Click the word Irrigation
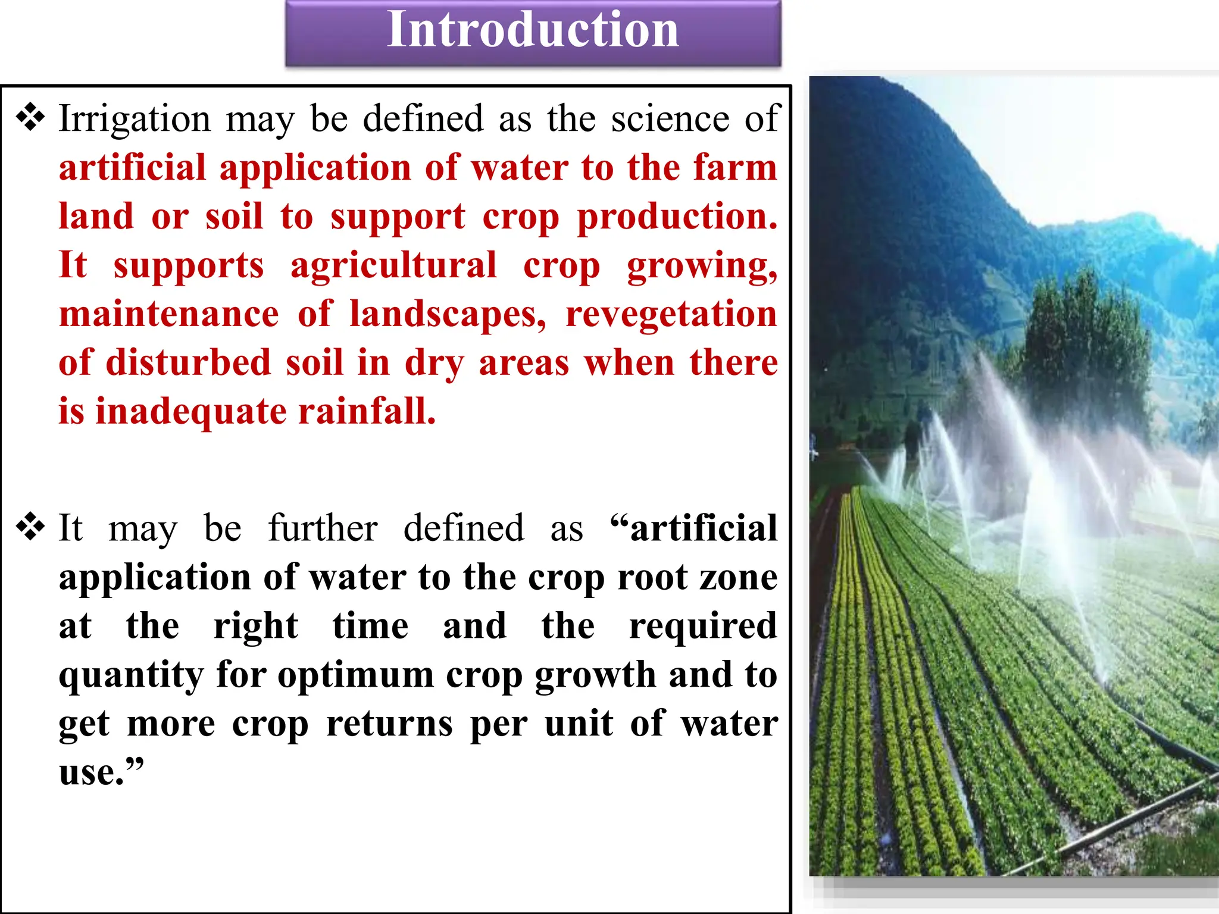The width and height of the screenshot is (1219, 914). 135,119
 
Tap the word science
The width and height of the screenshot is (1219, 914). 670,119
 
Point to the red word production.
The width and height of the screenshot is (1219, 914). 677,217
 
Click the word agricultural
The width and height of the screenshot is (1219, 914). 393,266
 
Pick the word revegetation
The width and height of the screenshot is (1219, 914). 671,314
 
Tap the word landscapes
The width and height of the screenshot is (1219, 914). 448,314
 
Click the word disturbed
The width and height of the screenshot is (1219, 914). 188,363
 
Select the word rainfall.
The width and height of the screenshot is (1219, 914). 367,412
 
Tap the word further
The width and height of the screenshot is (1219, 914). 323,528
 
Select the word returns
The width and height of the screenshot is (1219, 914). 389,725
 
